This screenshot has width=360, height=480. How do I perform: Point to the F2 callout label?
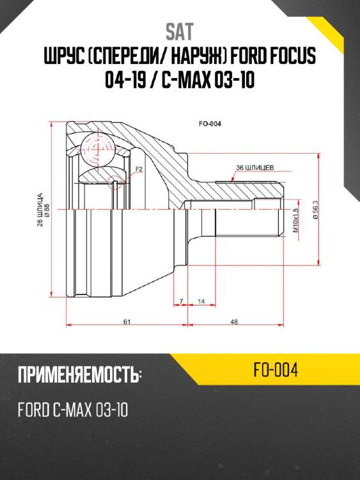point(137,169)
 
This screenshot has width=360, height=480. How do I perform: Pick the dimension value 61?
point(127,322)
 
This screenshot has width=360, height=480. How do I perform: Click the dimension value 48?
point(234,322)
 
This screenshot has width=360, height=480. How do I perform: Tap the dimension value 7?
point(182,301)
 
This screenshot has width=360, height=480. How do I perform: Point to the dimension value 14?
point(201,301)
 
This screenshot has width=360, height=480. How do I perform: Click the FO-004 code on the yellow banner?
point(276,371)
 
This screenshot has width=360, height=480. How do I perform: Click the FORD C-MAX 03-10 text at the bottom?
point(72,409)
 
